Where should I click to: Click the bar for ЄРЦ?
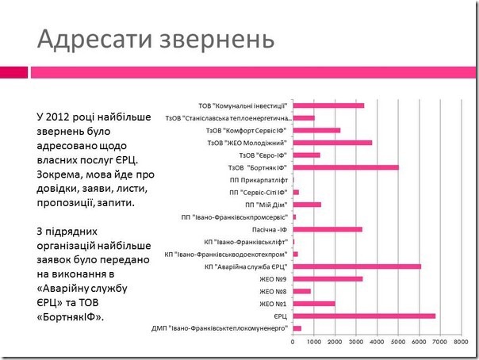coord(364,316)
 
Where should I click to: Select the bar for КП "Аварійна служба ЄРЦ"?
coord(357,266)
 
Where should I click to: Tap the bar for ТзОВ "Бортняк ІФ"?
coord(346,167)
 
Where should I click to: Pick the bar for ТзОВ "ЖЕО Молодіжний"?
coord(332,143)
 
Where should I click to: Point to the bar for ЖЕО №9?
coord(328,278)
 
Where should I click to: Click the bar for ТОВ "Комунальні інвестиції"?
coord(328,105)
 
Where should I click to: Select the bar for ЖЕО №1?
coord(314,304)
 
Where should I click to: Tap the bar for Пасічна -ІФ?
coord(328,229)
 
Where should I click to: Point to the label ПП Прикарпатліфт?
coord(257,180)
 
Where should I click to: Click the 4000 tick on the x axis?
coord(377,343)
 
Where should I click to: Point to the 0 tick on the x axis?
coord(293,343)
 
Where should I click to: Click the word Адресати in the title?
coord(85,38)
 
